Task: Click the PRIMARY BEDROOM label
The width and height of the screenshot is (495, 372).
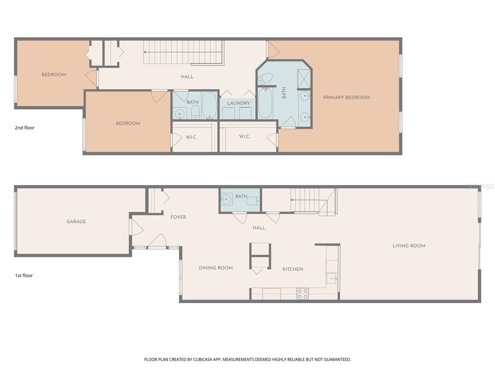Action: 346,97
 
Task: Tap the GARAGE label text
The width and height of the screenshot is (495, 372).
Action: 76,221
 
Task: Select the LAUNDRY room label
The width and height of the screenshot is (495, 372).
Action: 238,103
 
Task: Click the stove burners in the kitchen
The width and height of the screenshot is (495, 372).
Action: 303,294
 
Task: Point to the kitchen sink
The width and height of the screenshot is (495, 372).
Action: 332,278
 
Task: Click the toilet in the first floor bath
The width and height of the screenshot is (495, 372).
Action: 252,201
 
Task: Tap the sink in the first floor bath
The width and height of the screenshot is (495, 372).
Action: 226,199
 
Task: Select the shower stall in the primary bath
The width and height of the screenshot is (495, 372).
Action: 304,80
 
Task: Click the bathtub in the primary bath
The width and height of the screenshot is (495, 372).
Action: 265,103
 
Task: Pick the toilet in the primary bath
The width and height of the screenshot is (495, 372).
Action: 265,79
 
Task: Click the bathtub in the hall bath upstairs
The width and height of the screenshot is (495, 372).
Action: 209,105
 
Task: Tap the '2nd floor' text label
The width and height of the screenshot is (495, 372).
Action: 24,128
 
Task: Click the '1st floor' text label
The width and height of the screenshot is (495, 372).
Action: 24,275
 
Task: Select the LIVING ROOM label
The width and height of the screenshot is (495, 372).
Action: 409,246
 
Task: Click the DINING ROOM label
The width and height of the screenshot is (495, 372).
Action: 216,268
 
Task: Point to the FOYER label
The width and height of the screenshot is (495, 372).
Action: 178,217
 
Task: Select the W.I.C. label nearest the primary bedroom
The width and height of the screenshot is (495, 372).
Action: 244,136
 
